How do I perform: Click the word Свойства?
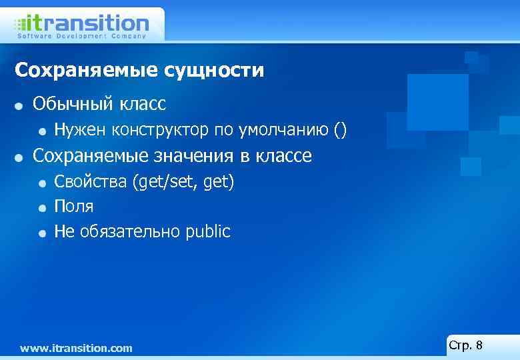tap(90, 181)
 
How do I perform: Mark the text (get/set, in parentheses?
tap(163, 181)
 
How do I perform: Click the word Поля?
tap(73, 207)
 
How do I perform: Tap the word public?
tap(208, 232)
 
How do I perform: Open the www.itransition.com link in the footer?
tap(76, 348)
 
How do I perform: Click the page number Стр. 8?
tap(466, 345)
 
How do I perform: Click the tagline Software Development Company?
tap(81, 36)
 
